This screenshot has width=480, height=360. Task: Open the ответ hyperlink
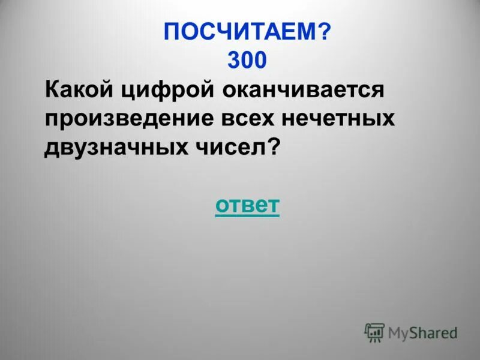(247, 205)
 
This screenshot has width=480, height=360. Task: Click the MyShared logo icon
(374, 332)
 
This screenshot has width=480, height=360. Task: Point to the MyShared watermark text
(422, 332)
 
